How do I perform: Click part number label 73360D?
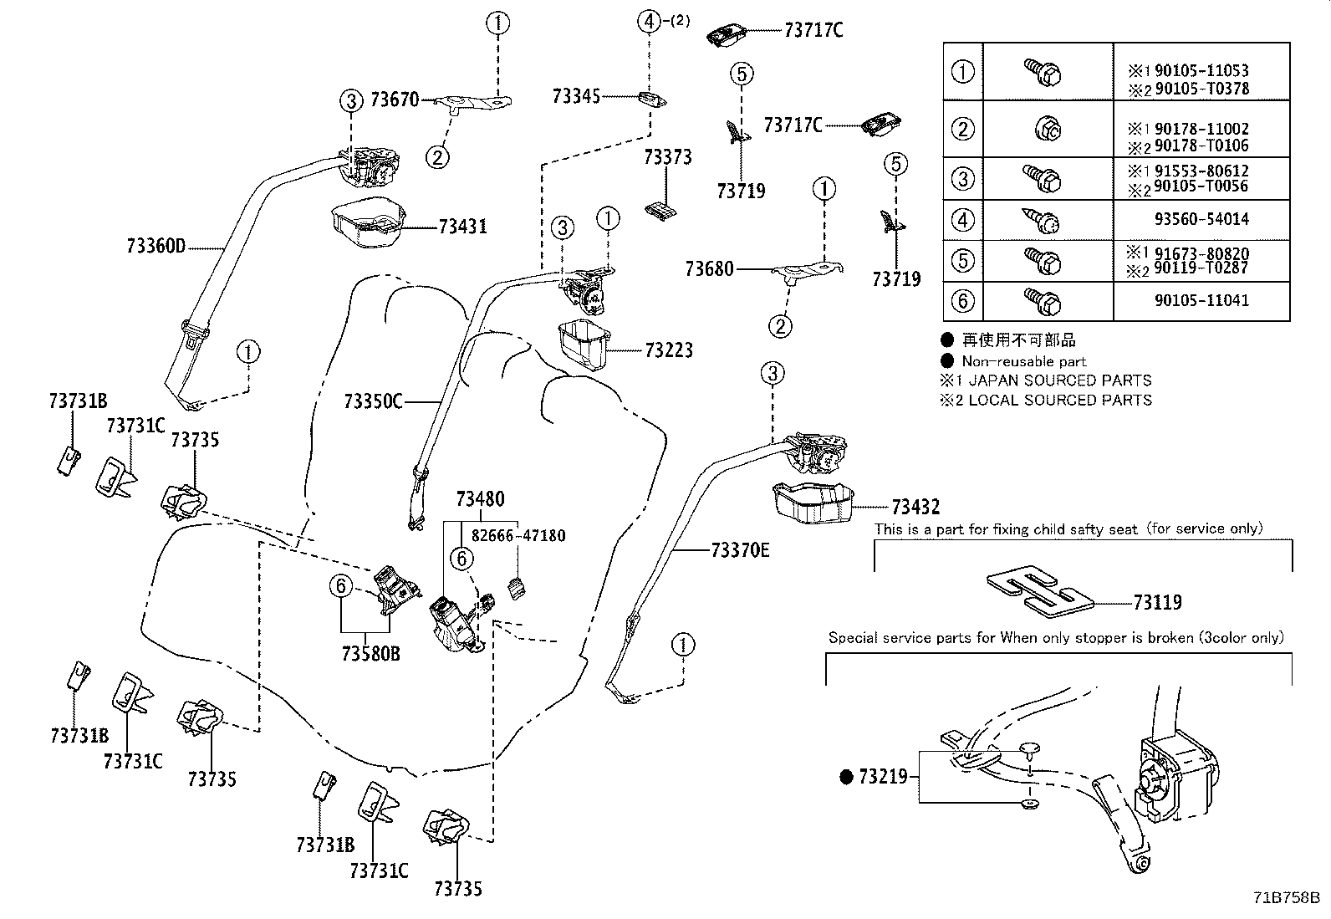pos(156,247)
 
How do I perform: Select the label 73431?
pos(462,227)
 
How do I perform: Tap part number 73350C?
pos(373,402)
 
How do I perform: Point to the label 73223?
pos(669,350)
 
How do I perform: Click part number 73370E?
pos(740,550)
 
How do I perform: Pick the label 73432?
pos(915,507)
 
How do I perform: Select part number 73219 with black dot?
pos(883,777)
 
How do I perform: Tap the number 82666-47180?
pos(518,535)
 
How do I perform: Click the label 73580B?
pos(371,653)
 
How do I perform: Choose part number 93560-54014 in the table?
pos(1201,219)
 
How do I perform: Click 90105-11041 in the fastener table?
pos(1201,300)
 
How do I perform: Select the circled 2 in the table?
pos(963,129)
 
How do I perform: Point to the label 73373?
pos(668,157)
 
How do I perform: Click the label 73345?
pos(576,96)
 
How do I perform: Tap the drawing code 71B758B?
pos(1285,898)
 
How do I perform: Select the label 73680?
pos(709,268)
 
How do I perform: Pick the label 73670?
pos(394,100)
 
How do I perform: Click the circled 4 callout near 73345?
pos(650,21)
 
